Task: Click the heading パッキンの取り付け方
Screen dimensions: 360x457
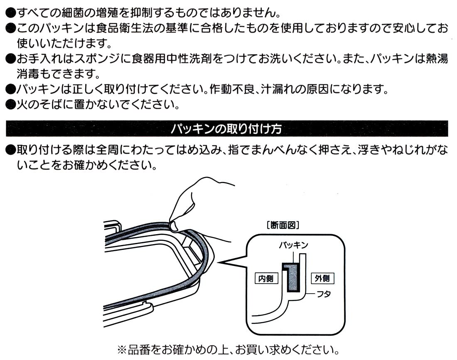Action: [x=226, y=129]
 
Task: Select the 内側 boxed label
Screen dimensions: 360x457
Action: [x=266, y=278]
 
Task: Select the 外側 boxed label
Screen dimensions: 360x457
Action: [x=322, y=278]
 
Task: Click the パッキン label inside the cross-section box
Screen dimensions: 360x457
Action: [x=293, y=245]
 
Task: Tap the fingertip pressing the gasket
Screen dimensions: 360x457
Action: [x=174, y=225]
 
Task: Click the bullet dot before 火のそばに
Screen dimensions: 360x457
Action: [x=10, y=104]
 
